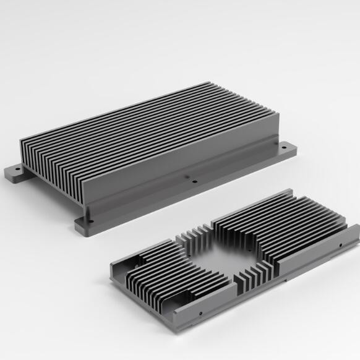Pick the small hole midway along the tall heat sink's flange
[194, 182]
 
